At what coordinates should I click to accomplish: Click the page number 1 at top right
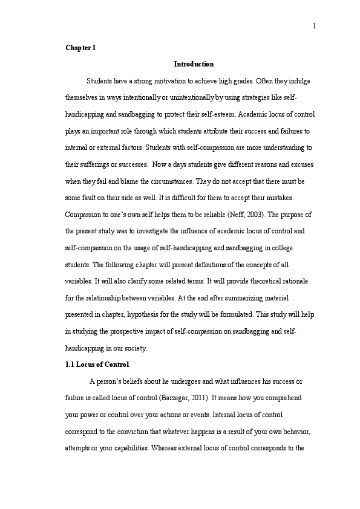[315, 25]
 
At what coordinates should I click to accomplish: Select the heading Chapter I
[80, 47]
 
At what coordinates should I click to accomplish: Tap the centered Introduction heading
[194, 63]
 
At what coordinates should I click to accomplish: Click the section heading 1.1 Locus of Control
[97, 365]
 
